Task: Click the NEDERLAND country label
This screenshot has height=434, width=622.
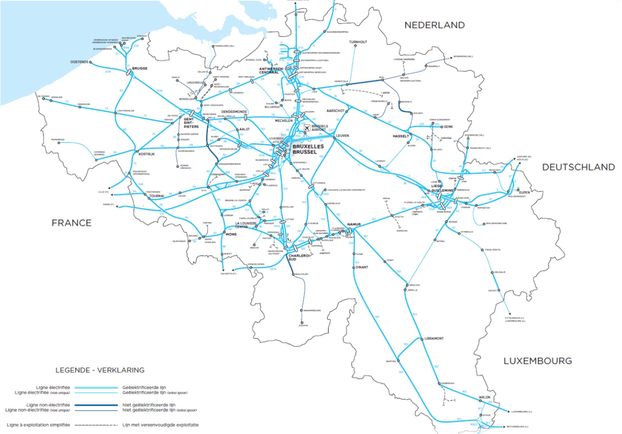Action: pyautogui.click(x=434, y=25)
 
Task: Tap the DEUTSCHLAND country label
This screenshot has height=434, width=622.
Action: pyautogui.click(x=578, y=167)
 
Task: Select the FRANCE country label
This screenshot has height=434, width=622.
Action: pyautogui.click(x=71, y=223)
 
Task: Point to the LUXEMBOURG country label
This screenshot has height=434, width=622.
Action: pyautogui.click(x=537, y=361)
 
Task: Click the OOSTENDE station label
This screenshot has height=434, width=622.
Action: pyautogui.click(x=79, y=62)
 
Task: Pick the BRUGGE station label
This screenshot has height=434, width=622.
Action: pyautogui.click(x=140, y=68)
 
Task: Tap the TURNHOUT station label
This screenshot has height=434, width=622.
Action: pyautogui.click(x=358, y=42)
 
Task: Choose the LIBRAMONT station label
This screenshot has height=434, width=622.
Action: pyautogui.click(x=434, y=339)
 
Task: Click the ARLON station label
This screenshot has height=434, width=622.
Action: pyautogui.click(x=484, y=397)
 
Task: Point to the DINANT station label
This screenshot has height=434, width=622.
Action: pyautogui.click(x=362, y=267)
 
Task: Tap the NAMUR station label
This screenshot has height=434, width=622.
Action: pyautogui.click(x=354, y=224)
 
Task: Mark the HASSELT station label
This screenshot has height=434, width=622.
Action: pyautogui.click(x=401, y=136)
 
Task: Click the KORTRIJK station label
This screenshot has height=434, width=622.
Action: pyautogui.click(x=146, y=154)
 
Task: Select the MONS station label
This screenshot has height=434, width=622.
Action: pyautogui.click(x=231, y=234)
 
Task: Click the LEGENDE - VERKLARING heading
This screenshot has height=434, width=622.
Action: pyautogui.click(x=100, y=370)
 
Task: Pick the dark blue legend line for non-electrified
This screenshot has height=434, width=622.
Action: pyautogui.click(x=96, y=405)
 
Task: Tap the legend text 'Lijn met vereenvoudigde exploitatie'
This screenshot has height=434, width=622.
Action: pyautogui.click(x=160, y=425)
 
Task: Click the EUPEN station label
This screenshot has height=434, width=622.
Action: pyautogui.click(x=524, y=192)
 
